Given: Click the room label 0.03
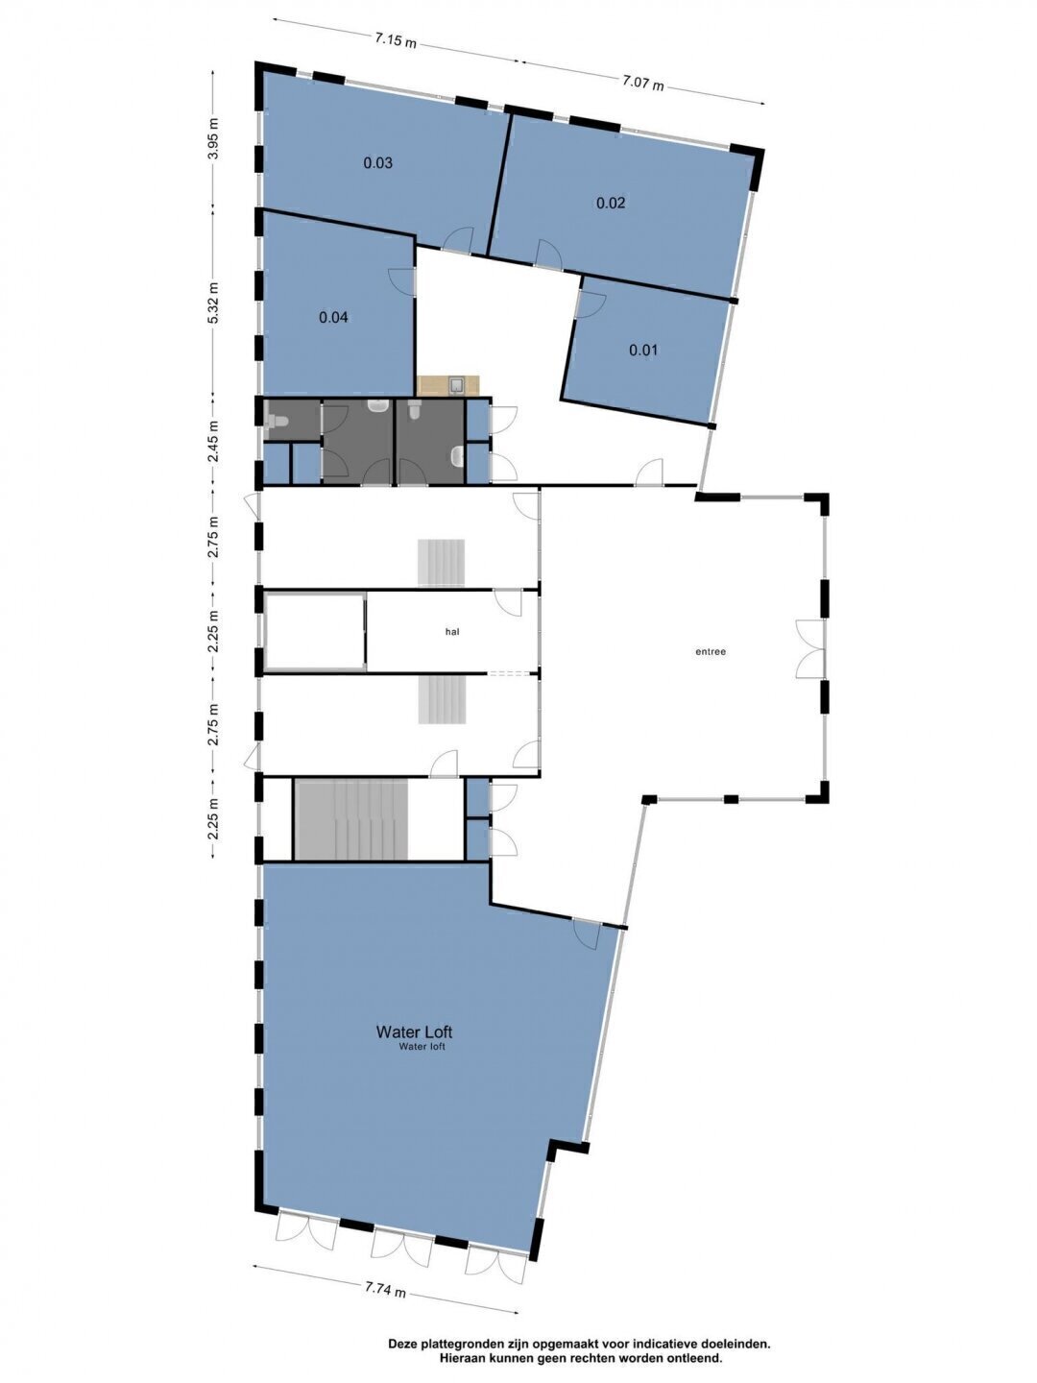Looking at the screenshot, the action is [x=377, y=163].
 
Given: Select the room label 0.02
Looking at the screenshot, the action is [x=611, y=203].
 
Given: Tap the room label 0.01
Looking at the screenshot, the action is [x=643, y=350].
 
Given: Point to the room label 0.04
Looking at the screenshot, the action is [x=333, y=318].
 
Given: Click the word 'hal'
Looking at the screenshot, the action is [x=452, y=631].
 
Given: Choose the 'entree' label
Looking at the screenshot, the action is [x=711, y=652].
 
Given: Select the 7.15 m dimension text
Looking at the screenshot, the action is [x=396, y=39].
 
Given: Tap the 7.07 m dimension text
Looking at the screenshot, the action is [x=643, y=82].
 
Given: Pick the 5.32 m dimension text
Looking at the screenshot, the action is [x=215, y=303].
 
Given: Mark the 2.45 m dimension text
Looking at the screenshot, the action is [x=215, y=441].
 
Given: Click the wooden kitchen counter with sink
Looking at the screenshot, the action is [x=447, y=385].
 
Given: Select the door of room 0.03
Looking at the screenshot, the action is [x=458, y=241].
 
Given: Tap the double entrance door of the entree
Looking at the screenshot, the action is [x=810, y=649].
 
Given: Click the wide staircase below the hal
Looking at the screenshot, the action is [x=350, y=819].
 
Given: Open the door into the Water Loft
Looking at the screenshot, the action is [x=587, y=935].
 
